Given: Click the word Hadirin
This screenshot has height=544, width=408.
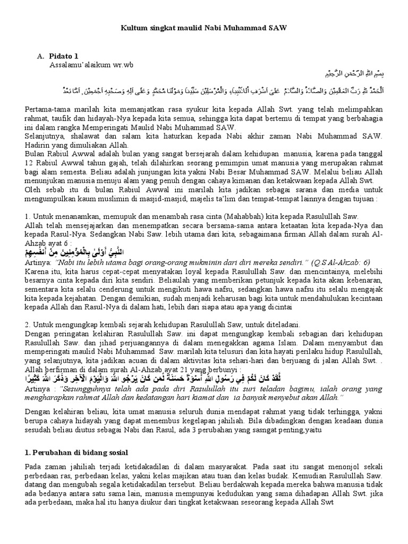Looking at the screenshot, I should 38,145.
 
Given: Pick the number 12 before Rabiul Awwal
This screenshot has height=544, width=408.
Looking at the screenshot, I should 29,163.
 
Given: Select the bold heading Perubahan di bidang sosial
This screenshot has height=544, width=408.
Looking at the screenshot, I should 76,453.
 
